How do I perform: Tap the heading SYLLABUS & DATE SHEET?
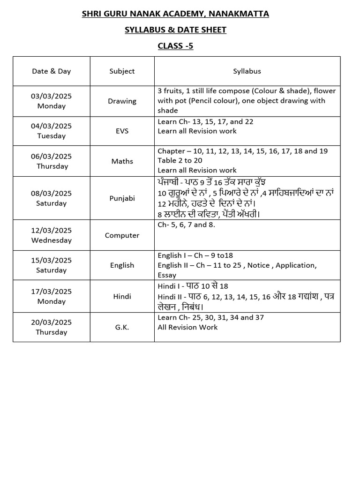(x=175, y=30)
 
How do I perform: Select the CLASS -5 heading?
(x=175, y=46)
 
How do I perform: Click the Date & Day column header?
(x=51, y=71)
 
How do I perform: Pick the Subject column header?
(x=122, y=71)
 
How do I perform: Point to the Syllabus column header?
(x=247, y=71)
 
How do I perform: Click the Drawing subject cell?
(x=122, y=101)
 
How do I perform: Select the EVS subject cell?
(x=122, y=131)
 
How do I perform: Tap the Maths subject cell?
(x=122, y=161)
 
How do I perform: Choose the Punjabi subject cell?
(x=122, y=198)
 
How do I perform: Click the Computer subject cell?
(x=122, y=235)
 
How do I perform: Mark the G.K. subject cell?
(x=122, y=327)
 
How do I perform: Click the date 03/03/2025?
(x=51, y=96)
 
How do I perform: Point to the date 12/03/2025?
(x=51, y=230)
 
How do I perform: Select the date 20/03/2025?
(x=51, y=322)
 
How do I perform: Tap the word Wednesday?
(x=51, y=240)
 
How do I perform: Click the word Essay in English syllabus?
(x=167, y=275)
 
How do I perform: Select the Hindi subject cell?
(x=122, y=296)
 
